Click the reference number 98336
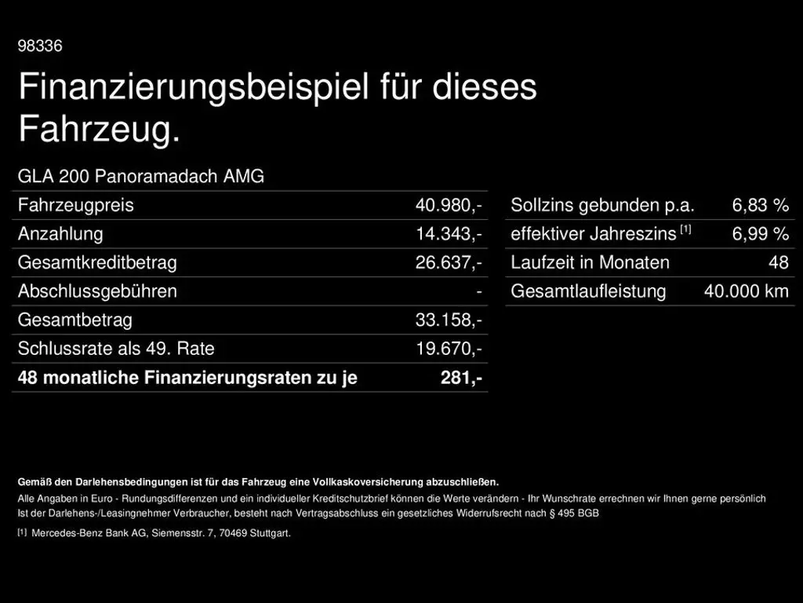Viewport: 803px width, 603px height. pyautogui.click(x=40, y=46)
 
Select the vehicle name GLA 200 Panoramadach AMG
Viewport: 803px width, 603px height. pyautogui.click(x=141, y=177)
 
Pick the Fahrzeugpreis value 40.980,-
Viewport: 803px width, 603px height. pyautogui.click(x=449, y=206)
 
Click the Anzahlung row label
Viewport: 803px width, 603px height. pyautogui.click(x=60, y=234)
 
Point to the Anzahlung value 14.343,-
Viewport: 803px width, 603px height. pyautogui.click(x=449, y=234)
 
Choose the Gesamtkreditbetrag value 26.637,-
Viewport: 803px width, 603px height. pyautogui.click(x=449, y=263)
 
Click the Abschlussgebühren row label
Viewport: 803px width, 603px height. pyautogui.click(x=97, y=291)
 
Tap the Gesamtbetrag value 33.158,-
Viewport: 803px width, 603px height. pyautogui.click(x=449, y=320)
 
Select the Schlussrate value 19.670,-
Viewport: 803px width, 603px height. pyautogui.click(x=449, y=349)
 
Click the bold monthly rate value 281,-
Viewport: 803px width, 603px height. pyautogui.click(x=461, y=378)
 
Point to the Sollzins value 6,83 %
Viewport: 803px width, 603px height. pyautogui.click(x=760, y=206)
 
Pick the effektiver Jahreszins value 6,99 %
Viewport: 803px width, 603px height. pyautogui.click(x=760, y=234)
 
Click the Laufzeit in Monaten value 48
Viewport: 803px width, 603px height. pyautogui.click(x=778, y=263)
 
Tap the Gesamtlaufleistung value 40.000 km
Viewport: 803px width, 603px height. pyautogui.click(x=746, y=291)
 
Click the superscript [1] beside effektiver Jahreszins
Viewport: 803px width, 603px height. pyautogui.click(x=685, y=229)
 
